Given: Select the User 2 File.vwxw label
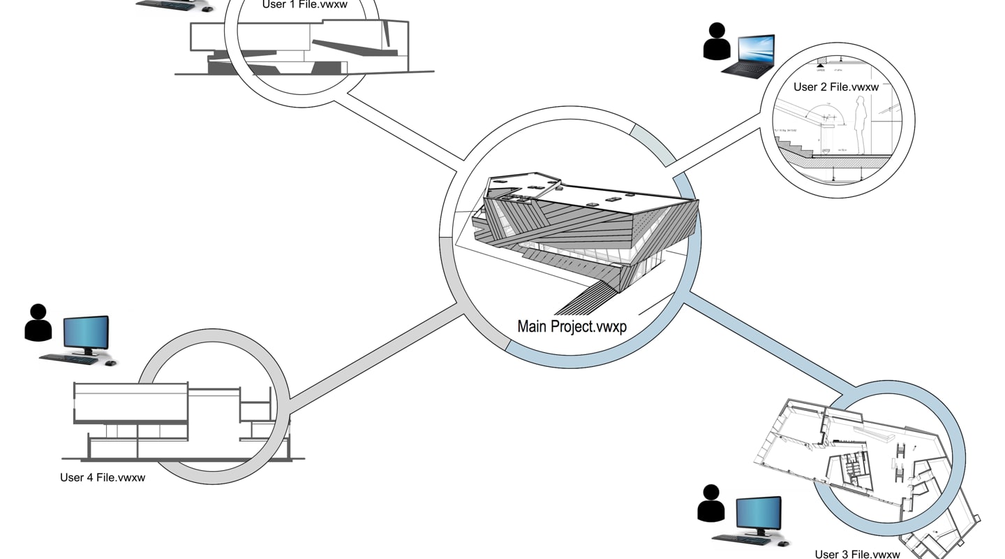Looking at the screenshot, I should [x=835, y=87].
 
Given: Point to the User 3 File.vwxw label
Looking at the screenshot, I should [x=857, y=554].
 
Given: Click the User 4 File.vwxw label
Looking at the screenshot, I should [x=103, y=478].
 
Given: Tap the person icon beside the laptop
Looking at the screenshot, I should [x=717, y=41].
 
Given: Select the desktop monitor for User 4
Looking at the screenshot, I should [x=86, y=333].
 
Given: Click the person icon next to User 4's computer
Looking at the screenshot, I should [x=38, y=322].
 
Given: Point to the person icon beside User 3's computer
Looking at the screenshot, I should [x=710, y=502].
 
